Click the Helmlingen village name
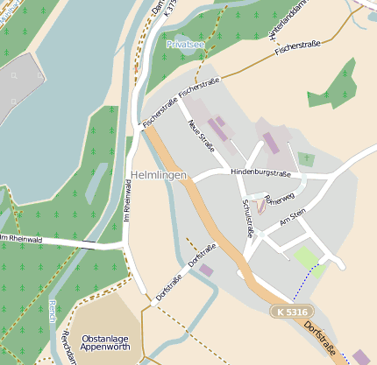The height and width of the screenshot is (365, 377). (159, 176)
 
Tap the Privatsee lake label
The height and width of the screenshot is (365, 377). (187, 43)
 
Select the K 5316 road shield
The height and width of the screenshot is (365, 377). (290, 312)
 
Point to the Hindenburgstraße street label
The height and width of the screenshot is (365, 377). (260, 173)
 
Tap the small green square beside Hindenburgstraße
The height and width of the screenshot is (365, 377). (306, 159)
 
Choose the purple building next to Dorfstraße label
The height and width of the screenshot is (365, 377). (206, 270)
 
